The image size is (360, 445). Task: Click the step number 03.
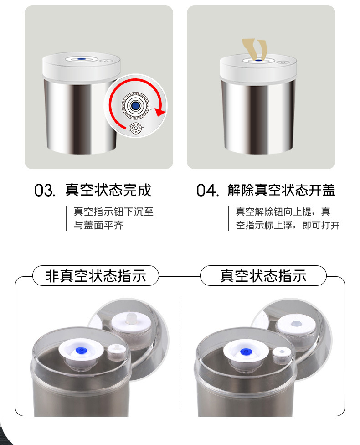point(45,190)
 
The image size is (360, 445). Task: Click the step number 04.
point(208,190)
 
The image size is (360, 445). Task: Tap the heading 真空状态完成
point(108,190)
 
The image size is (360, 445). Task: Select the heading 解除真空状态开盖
point(281,190)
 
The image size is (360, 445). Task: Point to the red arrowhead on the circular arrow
point(160,112)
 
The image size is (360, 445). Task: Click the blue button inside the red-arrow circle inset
point(135,106)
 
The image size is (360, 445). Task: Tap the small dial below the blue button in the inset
point(136,129)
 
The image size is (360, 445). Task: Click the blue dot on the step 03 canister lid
point(82,59)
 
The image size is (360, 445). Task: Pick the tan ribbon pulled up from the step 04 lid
point(254,50)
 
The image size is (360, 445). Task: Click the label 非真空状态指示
point(96,276)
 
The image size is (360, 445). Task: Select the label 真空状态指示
point(263,276)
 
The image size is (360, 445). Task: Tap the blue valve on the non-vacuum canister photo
point(82,351)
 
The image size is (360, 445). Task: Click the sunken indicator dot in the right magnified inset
point(296,324)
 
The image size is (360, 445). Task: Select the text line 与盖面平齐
point(98,225)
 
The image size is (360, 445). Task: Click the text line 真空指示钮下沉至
point(113,212)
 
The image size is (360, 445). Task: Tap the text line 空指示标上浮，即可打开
point(288,225)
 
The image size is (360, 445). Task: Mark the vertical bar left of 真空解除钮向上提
point(228,218)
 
